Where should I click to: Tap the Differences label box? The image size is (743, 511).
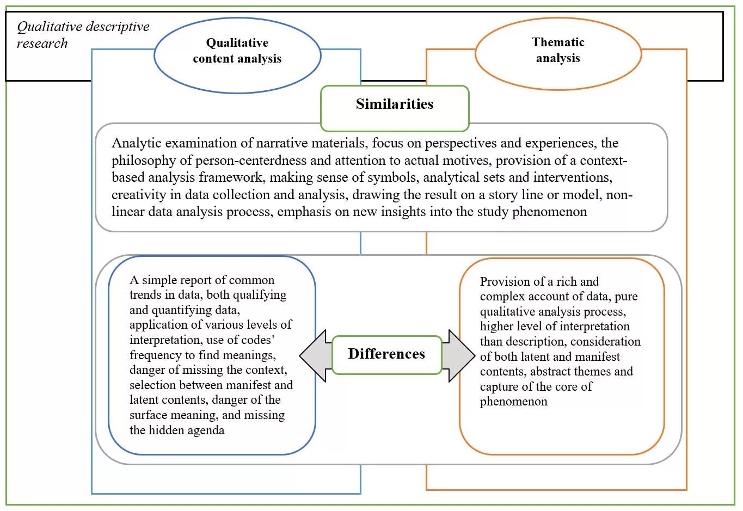coord(386,354)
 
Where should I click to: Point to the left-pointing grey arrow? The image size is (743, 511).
coord(315,355)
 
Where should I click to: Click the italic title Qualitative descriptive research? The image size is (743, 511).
coord(83,35)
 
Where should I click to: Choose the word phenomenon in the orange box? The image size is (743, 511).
coord(513,402)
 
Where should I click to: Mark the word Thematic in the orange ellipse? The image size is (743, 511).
coord(558,42)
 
